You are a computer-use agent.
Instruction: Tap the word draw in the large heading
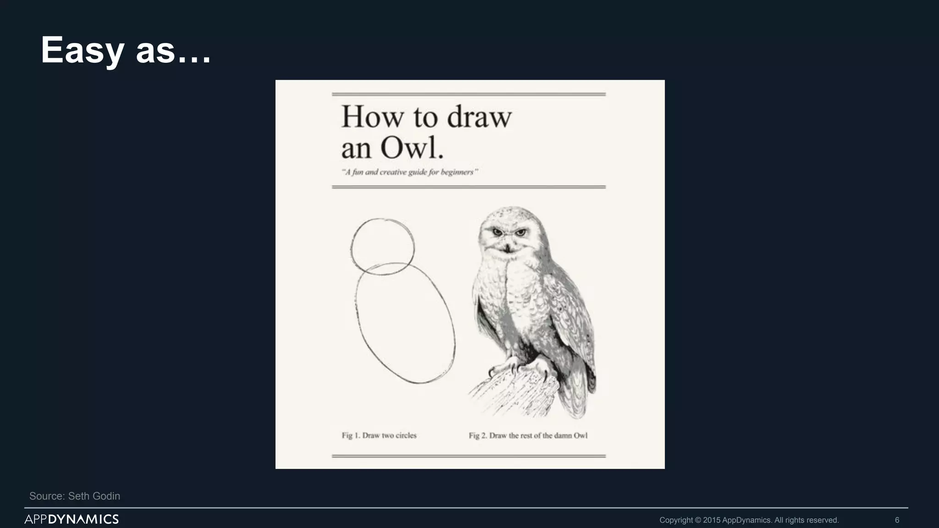coord(479,117)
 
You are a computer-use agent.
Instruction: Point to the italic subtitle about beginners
coord(410,172)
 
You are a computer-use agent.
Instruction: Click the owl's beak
coord(508,248)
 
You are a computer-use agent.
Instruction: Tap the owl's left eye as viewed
coord(498,233)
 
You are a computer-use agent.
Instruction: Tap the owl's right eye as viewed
coord(520,233)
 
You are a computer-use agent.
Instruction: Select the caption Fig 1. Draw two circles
coord(379,435)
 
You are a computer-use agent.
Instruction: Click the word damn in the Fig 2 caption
coord(563,435)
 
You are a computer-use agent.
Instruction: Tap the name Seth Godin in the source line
coord(94,496)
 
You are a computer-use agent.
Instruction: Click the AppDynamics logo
coord(72,519)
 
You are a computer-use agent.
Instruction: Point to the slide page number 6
coord(897,520)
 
